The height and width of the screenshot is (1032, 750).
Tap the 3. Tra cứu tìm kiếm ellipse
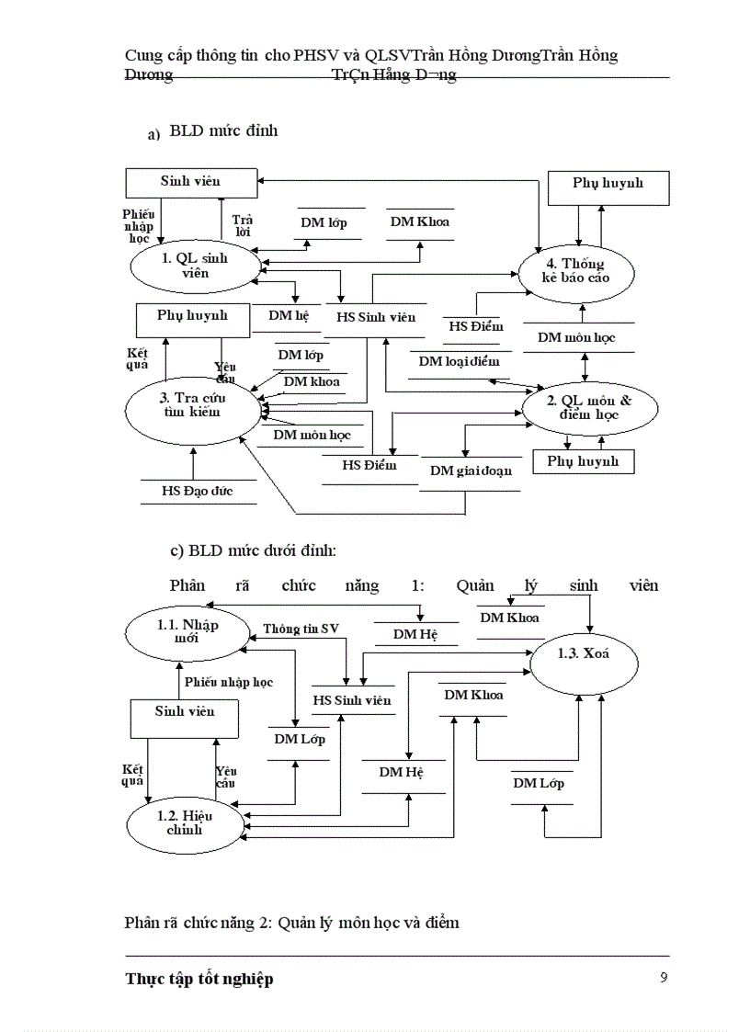(x=192, y=405)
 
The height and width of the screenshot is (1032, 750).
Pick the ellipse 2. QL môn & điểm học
(x=589, y=407)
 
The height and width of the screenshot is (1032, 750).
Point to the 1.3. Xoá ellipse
(x=584, y=655)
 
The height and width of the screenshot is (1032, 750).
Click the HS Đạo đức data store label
(x=198, y=491)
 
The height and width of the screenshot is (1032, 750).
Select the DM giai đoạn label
(x=471, y=471)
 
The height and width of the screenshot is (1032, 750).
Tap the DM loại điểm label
(x=459, y=361)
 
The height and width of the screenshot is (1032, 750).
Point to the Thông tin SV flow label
(x=301, y=629)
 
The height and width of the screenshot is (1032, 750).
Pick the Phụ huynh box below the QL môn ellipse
(x=583, y=460)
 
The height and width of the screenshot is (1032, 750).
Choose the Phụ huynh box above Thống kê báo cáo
(x=608, y=183)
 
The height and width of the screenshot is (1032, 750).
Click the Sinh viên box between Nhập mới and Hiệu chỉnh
(x=184, y=711)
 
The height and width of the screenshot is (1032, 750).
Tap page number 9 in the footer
(x=664, y=977)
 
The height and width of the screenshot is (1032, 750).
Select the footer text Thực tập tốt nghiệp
(x=199, y=979)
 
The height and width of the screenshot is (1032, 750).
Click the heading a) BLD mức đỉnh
(x=212, y=131)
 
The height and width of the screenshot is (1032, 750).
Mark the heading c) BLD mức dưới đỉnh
(x=254, y=551)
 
